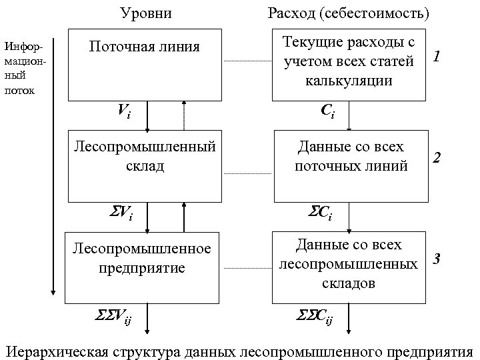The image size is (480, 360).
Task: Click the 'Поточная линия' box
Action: (x=145, y=65)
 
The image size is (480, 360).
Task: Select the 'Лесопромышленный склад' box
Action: (x=145, y=165)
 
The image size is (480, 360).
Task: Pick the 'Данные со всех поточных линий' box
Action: (x=351, y=165)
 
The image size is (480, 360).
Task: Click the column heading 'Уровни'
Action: (x=145, y=13)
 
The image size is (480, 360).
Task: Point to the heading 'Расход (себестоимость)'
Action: (x=348, y=13)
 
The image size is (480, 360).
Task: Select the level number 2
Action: (x=437, y=158)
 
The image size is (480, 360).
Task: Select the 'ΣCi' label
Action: (x=320, y=214)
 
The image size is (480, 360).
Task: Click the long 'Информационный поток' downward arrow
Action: (x=53, y=167)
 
